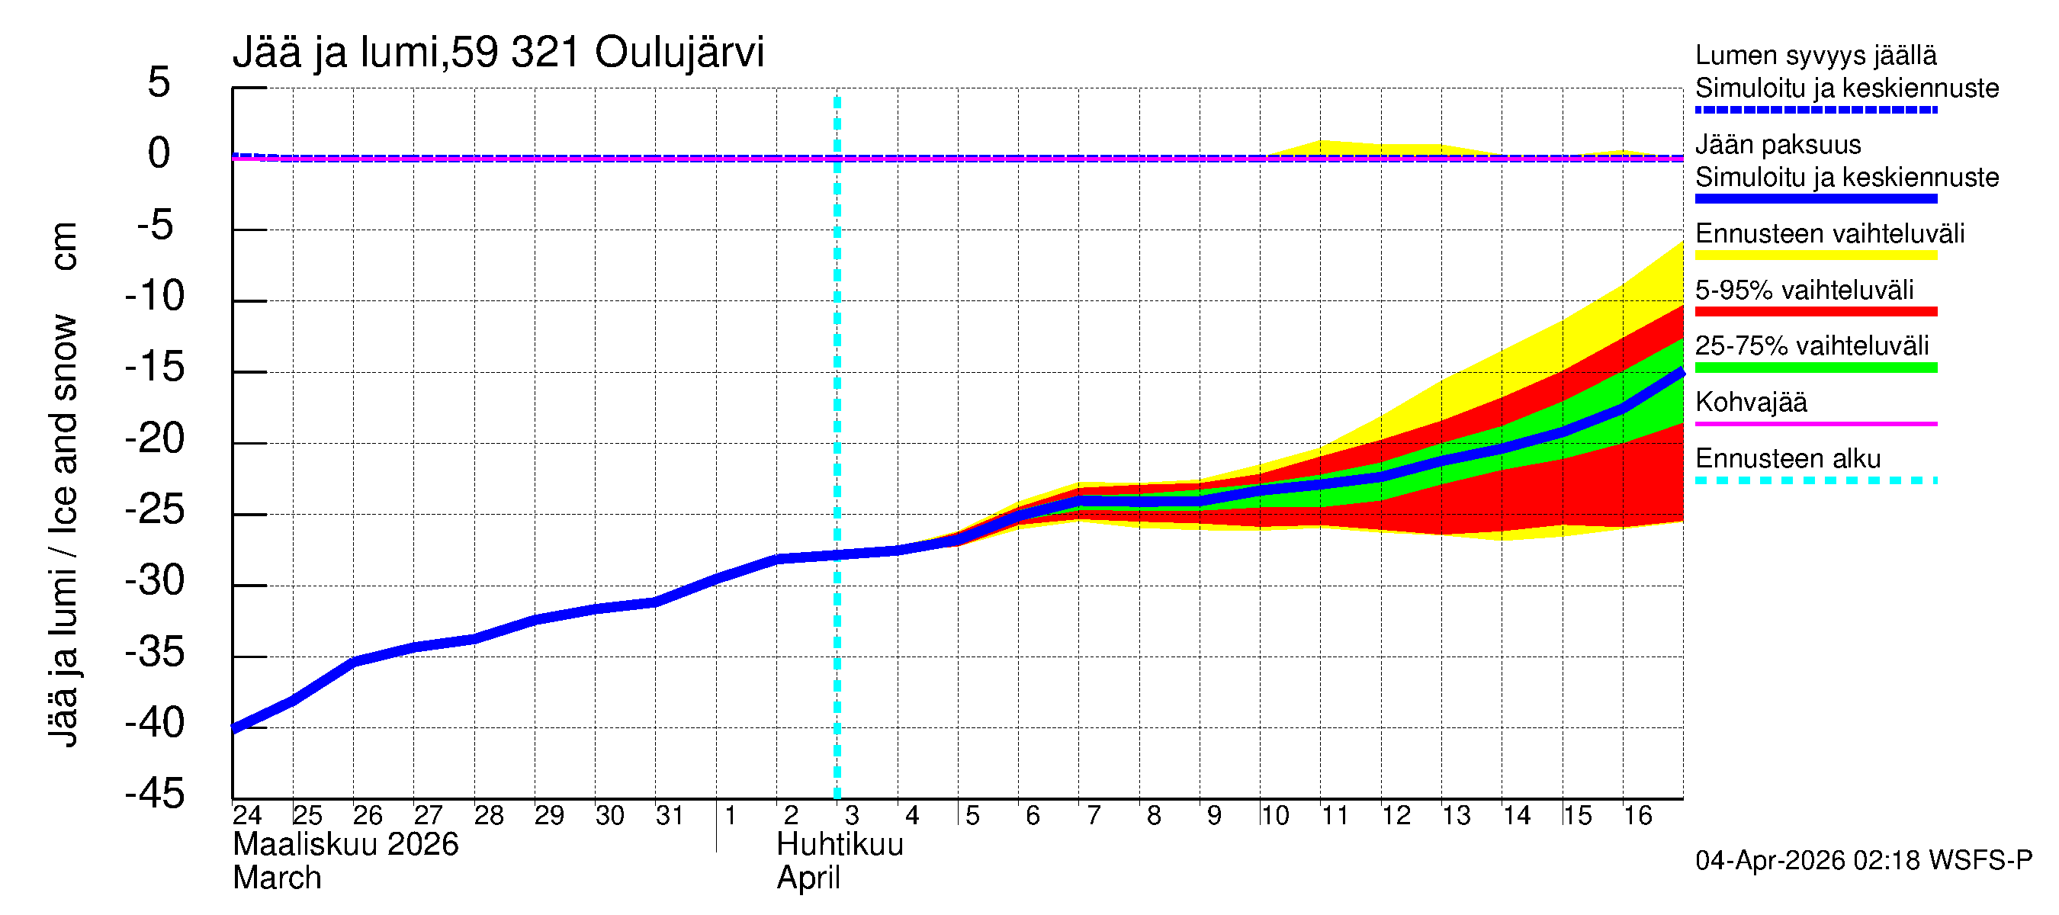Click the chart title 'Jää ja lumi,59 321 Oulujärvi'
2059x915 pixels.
(498, 53)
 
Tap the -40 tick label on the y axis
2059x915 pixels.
(155, 722)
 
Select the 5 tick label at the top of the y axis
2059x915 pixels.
(159, 82)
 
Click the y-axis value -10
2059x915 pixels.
(155, 296)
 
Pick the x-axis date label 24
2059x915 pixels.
(247, 815)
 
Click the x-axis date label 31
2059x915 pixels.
(670, 815)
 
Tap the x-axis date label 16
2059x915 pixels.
(1638, 815)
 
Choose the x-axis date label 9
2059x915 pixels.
(1214, 815)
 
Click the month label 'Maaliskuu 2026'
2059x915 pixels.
(345, 845)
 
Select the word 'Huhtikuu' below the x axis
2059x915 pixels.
(840, 845)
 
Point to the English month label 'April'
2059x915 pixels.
(808, 878)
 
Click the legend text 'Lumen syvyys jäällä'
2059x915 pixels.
(1815, 55)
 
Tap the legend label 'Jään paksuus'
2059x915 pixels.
(1778, 145)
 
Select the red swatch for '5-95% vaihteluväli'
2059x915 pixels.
(1815, 312)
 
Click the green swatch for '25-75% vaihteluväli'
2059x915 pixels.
(1815, 368)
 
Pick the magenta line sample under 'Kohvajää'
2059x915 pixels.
(1815, 423)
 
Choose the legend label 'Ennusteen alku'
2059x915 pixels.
(1788, 459)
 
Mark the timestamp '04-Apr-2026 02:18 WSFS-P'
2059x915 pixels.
(1863, 861)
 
